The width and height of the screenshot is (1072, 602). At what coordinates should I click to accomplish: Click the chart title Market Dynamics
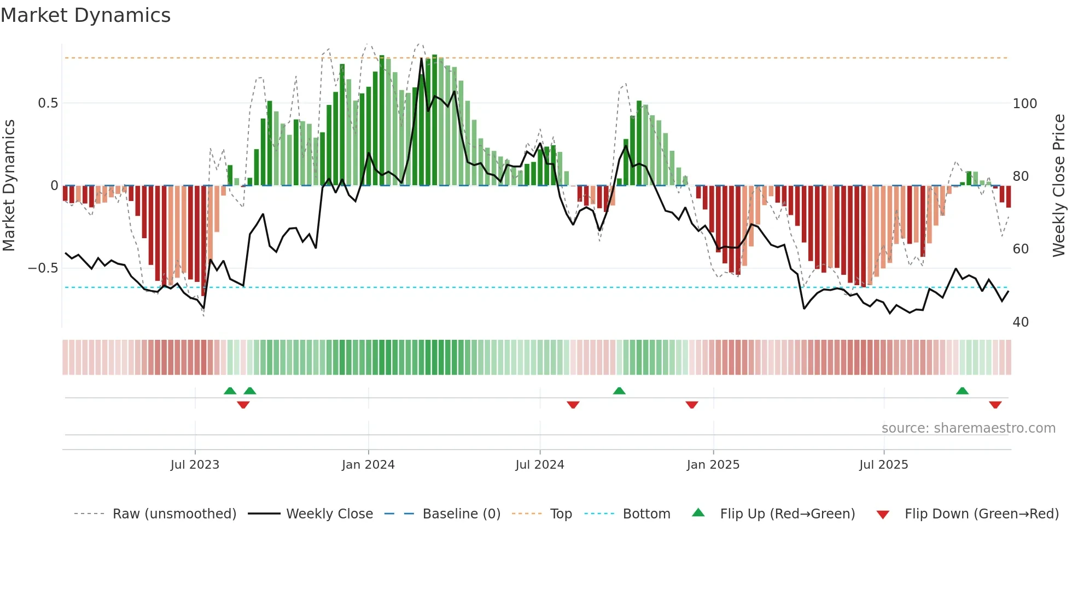point(85,15)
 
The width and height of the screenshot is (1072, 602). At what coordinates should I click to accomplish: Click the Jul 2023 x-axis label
point(195,465)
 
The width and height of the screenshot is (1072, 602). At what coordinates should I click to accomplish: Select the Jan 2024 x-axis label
point(368,465)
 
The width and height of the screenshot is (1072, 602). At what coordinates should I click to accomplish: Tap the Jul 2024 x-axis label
point(539,465)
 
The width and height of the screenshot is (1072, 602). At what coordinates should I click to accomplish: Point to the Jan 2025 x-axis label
point(713,465)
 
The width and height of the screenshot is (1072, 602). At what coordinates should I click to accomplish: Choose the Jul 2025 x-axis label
point(883,465)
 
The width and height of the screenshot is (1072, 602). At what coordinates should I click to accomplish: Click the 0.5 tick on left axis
point(48,103)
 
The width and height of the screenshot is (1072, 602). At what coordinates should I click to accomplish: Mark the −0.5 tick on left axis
point(43,268)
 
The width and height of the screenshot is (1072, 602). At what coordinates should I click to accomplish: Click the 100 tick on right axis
point(1024,103)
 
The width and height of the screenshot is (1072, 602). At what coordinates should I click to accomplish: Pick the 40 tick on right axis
point(1021,322)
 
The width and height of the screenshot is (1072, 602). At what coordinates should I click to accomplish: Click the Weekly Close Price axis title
point(1059,186)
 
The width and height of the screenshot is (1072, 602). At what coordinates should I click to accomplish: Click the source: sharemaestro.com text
point(968,428)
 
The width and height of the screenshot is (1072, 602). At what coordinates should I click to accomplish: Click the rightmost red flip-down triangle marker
point(995,405)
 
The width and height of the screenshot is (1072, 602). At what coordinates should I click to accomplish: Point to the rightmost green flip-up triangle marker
point(962,391)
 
